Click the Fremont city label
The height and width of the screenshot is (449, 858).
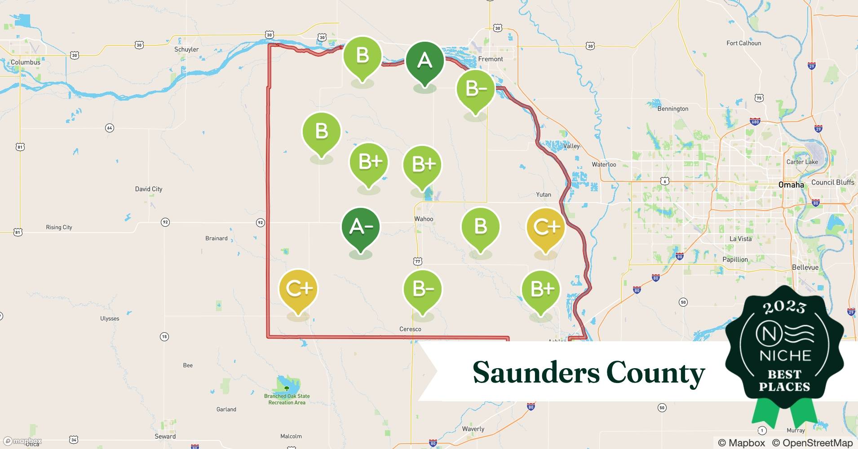491,59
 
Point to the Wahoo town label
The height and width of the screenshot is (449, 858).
424,219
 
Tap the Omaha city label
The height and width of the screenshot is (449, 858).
791,185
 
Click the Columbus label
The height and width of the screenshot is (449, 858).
26,62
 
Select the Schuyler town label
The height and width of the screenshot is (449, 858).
186,49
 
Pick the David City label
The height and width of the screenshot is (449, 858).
149,189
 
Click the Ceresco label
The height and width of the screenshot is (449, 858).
410,329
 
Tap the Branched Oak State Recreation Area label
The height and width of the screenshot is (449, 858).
287,399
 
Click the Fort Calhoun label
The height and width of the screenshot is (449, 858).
743,43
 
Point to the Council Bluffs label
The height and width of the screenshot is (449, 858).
832,182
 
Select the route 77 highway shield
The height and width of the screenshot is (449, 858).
418,261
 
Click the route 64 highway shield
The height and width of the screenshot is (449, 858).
109,128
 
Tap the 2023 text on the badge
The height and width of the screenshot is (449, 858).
784,307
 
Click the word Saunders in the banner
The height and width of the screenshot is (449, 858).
536,373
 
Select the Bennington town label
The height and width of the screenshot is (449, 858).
672,109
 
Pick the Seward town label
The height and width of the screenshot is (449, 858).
165,436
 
